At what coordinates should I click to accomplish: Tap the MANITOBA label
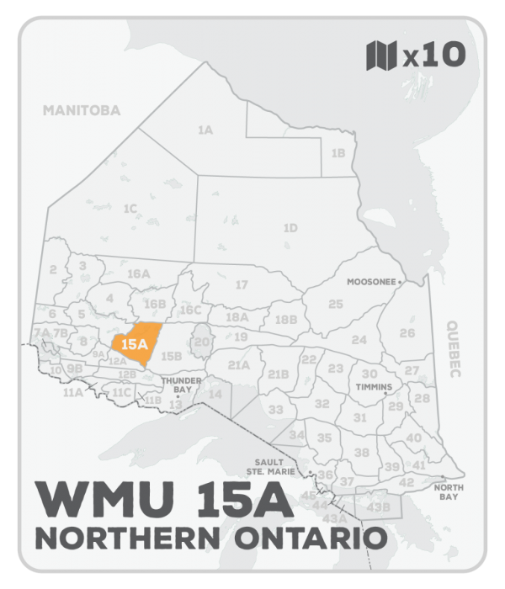point(82,110)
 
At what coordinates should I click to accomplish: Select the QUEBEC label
point(455,350)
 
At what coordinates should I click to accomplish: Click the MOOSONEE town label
point(371,283)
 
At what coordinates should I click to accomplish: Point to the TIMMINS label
point(374,388)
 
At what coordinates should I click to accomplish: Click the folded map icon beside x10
point(381,56)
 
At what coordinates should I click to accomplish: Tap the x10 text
point(433,56)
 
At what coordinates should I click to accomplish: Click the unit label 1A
point(205,130)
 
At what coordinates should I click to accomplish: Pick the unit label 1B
point(338,153)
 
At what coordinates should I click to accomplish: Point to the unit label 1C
point(130,208)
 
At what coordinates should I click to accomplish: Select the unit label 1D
point(290,228)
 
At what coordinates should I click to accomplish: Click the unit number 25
point(336,304)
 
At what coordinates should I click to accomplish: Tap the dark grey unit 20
point(201,342)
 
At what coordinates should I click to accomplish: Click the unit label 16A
point(138,274)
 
